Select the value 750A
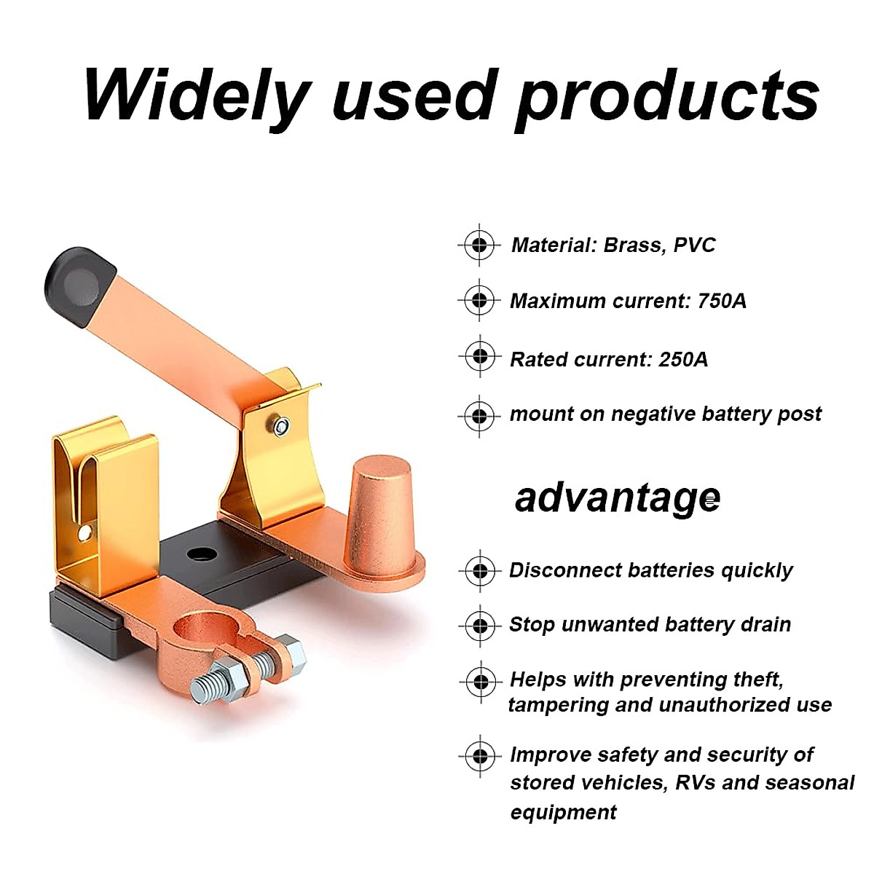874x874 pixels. [721, 301]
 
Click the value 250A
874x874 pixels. [683, 359]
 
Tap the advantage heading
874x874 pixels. [617, 499]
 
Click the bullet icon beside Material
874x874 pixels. [479, 245]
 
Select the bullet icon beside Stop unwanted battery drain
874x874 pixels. [479, 626]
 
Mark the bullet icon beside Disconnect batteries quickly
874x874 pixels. [479, 571]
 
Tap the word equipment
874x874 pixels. [563, 812]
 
